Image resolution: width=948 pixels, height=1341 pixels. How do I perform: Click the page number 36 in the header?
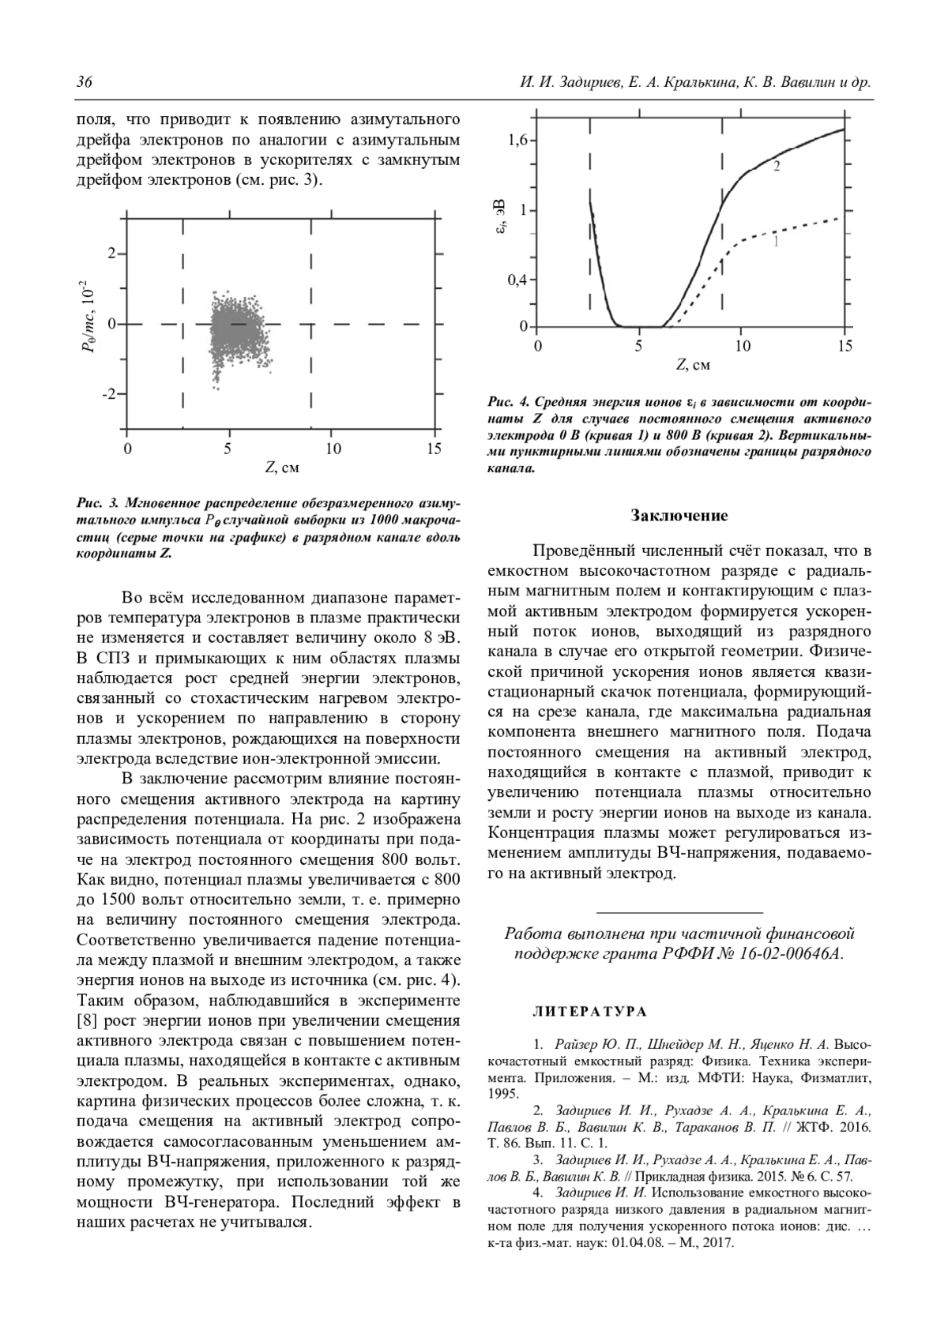point(85,83)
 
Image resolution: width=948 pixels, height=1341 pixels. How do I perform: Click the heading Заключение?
point(679,516)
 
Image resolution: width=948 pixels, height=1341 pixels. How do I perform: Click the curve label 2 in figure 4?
point(777,167)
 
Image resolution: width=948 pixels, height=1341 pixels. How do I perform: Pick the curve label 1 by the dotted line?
point(776,242)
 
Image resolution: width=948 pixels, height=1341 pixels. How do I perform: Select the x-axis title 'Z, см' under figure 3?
point(280,468)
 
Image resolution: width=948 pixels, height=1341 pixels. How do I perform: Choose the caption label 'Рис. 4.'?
point(506,402)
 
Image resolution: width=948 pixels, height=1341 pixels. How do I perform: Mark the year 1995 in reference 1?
point(503,1095)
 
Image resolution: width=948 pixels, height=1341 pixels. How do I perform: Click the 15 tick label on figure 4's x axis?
point(845,347)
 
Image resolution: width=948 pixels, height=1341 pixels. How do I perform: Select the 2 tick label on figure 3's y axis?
point(112,254)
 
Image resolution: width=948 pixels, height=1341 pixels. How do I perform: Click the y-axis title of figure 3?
point(89,315)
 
